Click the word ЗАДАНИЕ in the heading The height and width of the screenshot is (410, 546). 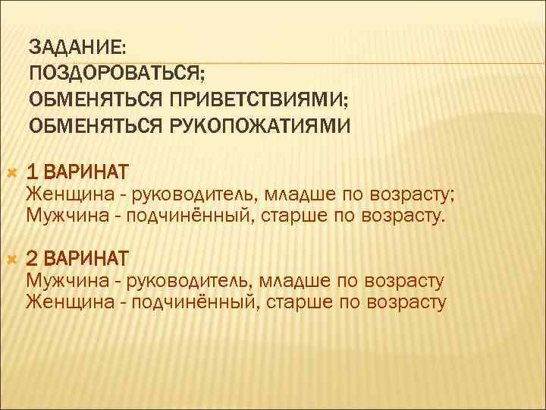click(x=77, y=47)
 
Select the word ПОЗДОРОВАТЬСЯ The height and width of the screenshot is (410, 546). click(x=116, y=73)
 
